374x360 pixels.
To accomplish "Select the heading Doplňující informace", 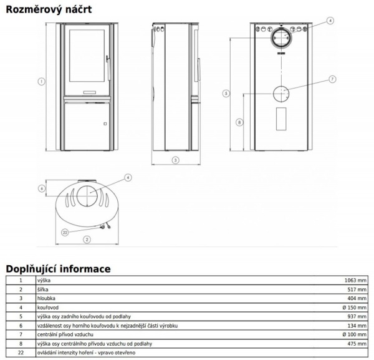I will click(58, 269).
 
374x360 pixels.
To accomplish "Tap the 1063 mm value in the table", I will click(356, 281).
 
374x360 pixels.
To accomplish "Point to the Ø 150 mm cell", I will click(354, 308).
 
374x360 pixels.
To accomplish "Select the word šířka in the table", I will click(43, 290).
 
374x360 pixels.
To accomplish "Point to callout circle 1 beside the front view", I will click(41, 80).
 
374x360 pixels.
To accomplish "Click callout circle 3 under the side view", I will click(175, 160).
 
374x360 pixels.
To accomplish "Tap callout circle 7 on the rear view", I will click(332, 79).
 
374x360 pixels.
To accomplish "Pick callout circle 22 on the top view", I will click(64, 232).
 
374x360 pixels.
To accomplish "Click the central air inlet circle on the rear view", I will click(281, 94).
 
